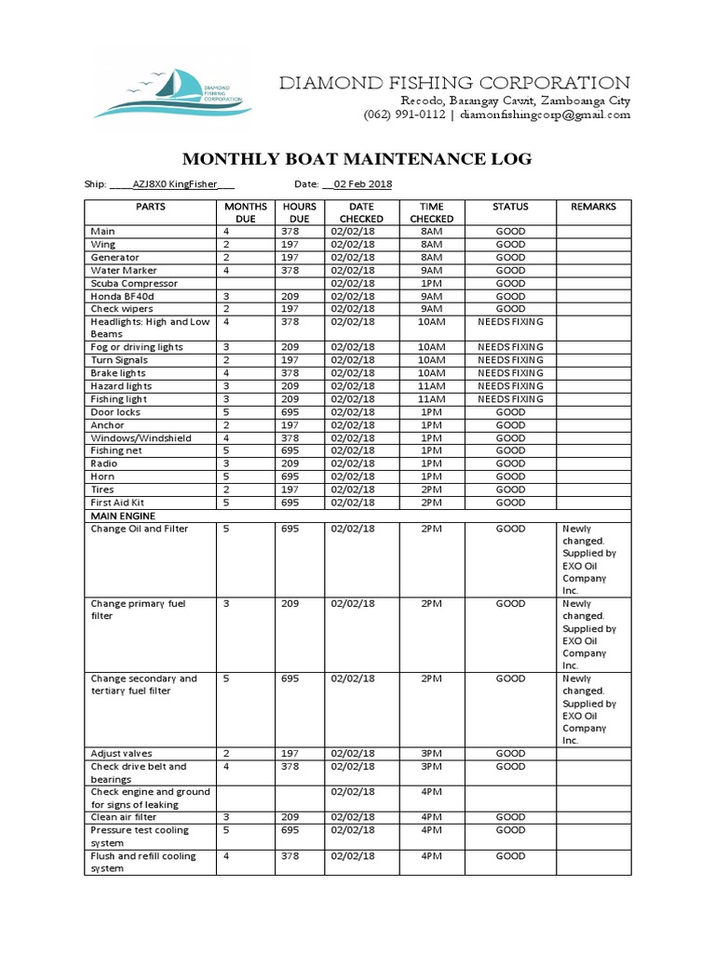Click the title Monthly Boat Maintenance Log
(357, 159)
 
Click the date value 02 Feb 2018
(360, 185)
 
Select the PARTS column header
(150, 207)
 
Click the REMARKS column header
(593, 207)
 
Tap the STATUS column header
(510, 207)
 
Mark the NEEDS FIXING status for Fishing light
(510, 398)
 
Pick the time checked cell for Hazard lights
(431, 385)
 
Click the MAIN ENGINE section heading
(123, 516)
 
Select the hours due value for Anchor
(290, 424)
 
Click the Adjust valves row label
(121, 753)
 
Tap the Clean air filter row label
(124, 817)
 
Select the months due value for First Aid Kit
(225, 503)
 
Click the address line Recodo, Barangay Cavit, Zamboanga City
(515, 101)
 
